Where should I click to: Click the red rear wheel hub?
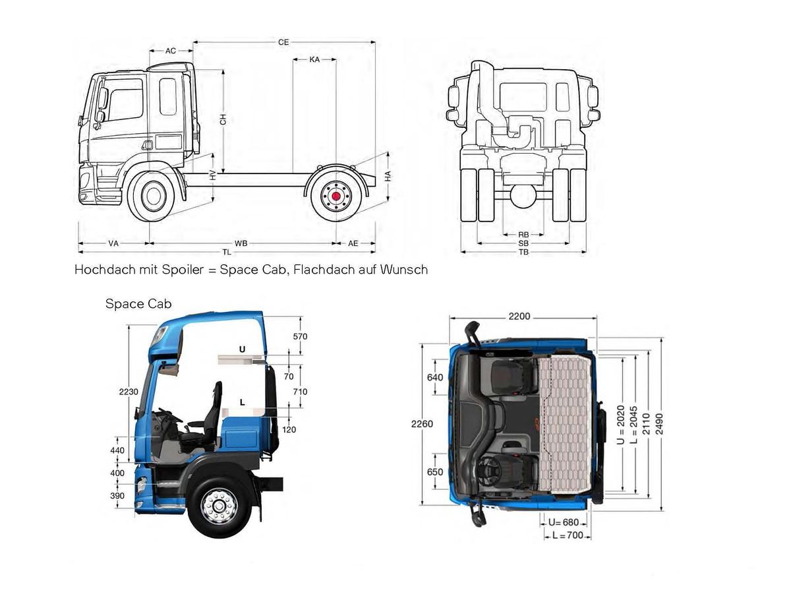336,196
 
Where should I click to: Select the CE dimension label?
283,42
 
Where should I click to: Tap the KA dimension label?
314,59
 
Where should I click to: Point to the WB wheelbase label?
241,243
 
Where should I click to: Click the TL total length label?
226,252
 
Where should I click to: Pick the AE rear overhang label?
353,243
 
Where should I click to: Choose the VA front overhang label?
113,243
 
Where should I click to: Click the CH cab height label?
223,119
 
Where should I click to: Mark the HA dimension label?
388,176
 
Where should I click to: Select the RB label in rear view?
523,235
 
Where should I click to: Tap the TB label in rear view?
523,252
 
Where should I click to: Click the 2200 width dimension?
519,317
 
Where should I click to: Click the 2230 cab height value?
129,392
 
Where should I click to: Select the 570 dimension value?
300,336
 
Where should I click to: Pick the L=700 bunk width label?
568,535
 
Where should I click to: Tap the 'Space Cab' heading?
138,304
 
